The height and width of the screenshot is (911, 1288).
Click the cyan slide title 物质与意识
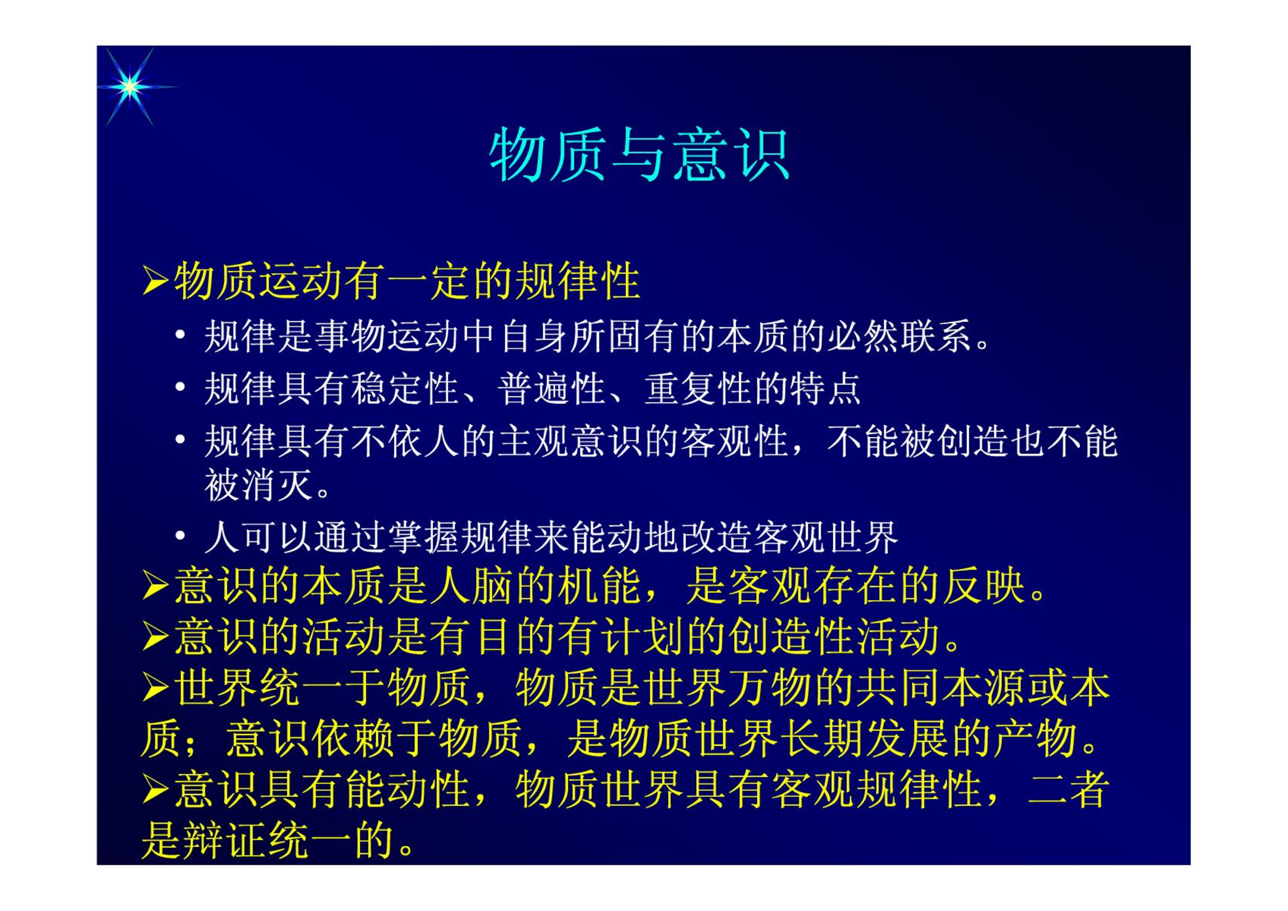(639, 155)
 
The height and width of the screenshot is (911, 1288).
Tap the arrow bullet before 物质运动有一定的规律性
(154, 281)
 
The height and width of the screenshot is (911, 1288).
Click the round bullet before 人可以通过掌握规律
(180, 536)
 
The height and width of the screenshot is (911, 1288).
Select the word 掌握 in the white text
(423, 537)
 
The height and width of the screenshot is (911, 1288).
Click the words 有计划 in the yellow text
(621, 636)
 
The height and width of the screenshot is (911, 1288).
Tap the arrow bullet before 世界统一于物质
(154, 686)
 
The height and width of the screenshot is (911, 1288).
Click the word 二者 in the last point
(1068, 789)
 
